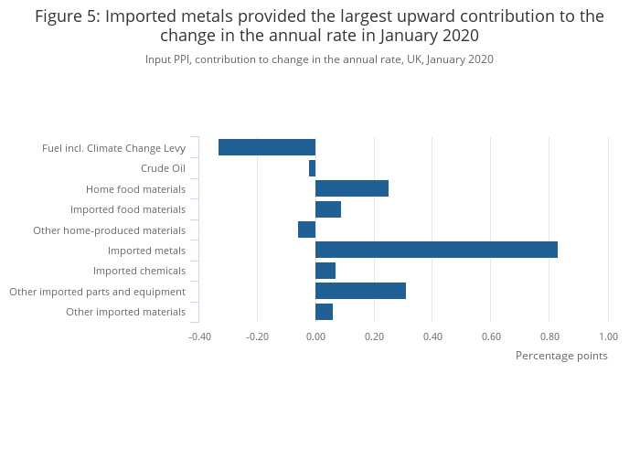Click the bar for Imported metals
tap(436, 250)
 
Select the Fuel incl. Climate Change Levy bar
tap(267, 147)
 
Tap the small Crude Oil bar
tap(312, 168)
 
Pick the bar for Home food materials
tap(352, 188)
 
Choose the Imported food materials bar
tap(328, 209)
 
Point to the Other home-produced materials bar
tap(306, 229)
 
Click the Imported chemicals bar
tap(325, 271)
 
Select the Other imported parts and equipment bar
tap(360, 291)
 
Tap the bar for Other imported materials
tap(324, 312)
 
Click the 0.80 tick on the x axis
tap(549, 336)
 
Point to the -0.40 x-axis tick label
tap(198, 336)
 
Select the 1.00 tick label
tap(607, 336)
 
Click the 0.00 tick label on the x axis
tap(315, 336)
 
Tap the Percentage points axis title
tap(561, 356)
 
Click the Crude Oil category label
tap(163, 168)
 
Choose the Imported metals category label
tap(146, 251)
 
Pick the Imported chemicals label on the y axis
tap(139, 271)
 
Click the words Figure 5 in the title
tap(67, 16)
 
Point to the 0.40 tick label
tap(432, 336)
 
